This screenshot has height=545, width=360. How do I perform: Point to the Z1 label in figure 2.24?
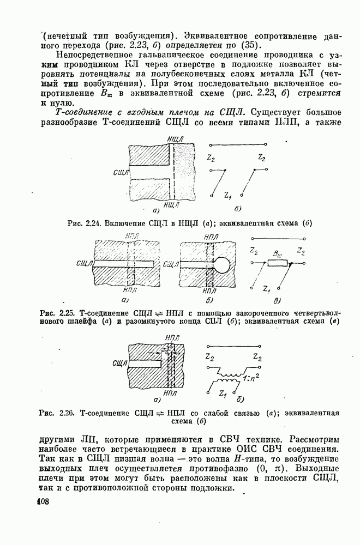click(228, 195)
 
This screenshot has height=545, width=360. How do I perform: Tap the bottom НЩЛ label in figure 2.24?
click(171, 204)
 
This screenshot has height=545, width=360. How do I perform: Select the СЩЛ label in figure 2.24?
click(120, 173)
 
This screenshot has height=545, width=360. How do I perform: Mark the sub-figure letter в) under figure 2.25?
click(277, 300)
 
